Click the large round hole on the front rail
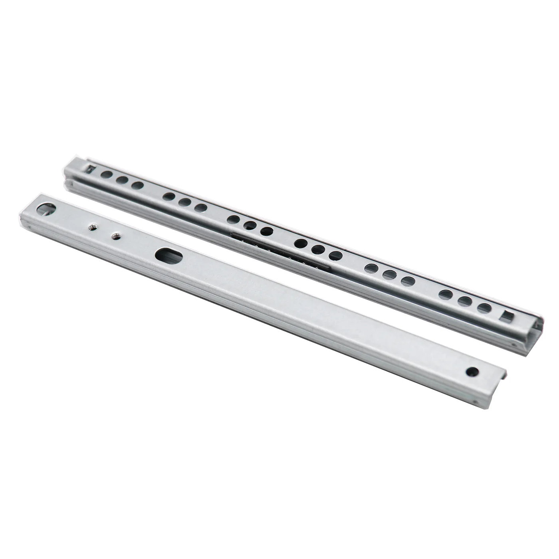pos(47,208)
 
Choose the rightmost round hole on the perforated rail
pos(484,307)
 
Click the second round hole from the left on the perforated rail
pos(123,180)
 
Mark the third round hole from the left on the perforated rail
pos(137,185)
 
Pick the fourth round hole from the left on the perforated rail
pos(169,196)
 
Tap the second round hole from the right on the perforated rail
pos(465,301)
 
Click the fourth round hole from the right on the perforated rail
pos(408,281)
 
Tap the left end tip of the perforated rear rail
pos(66,170)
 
